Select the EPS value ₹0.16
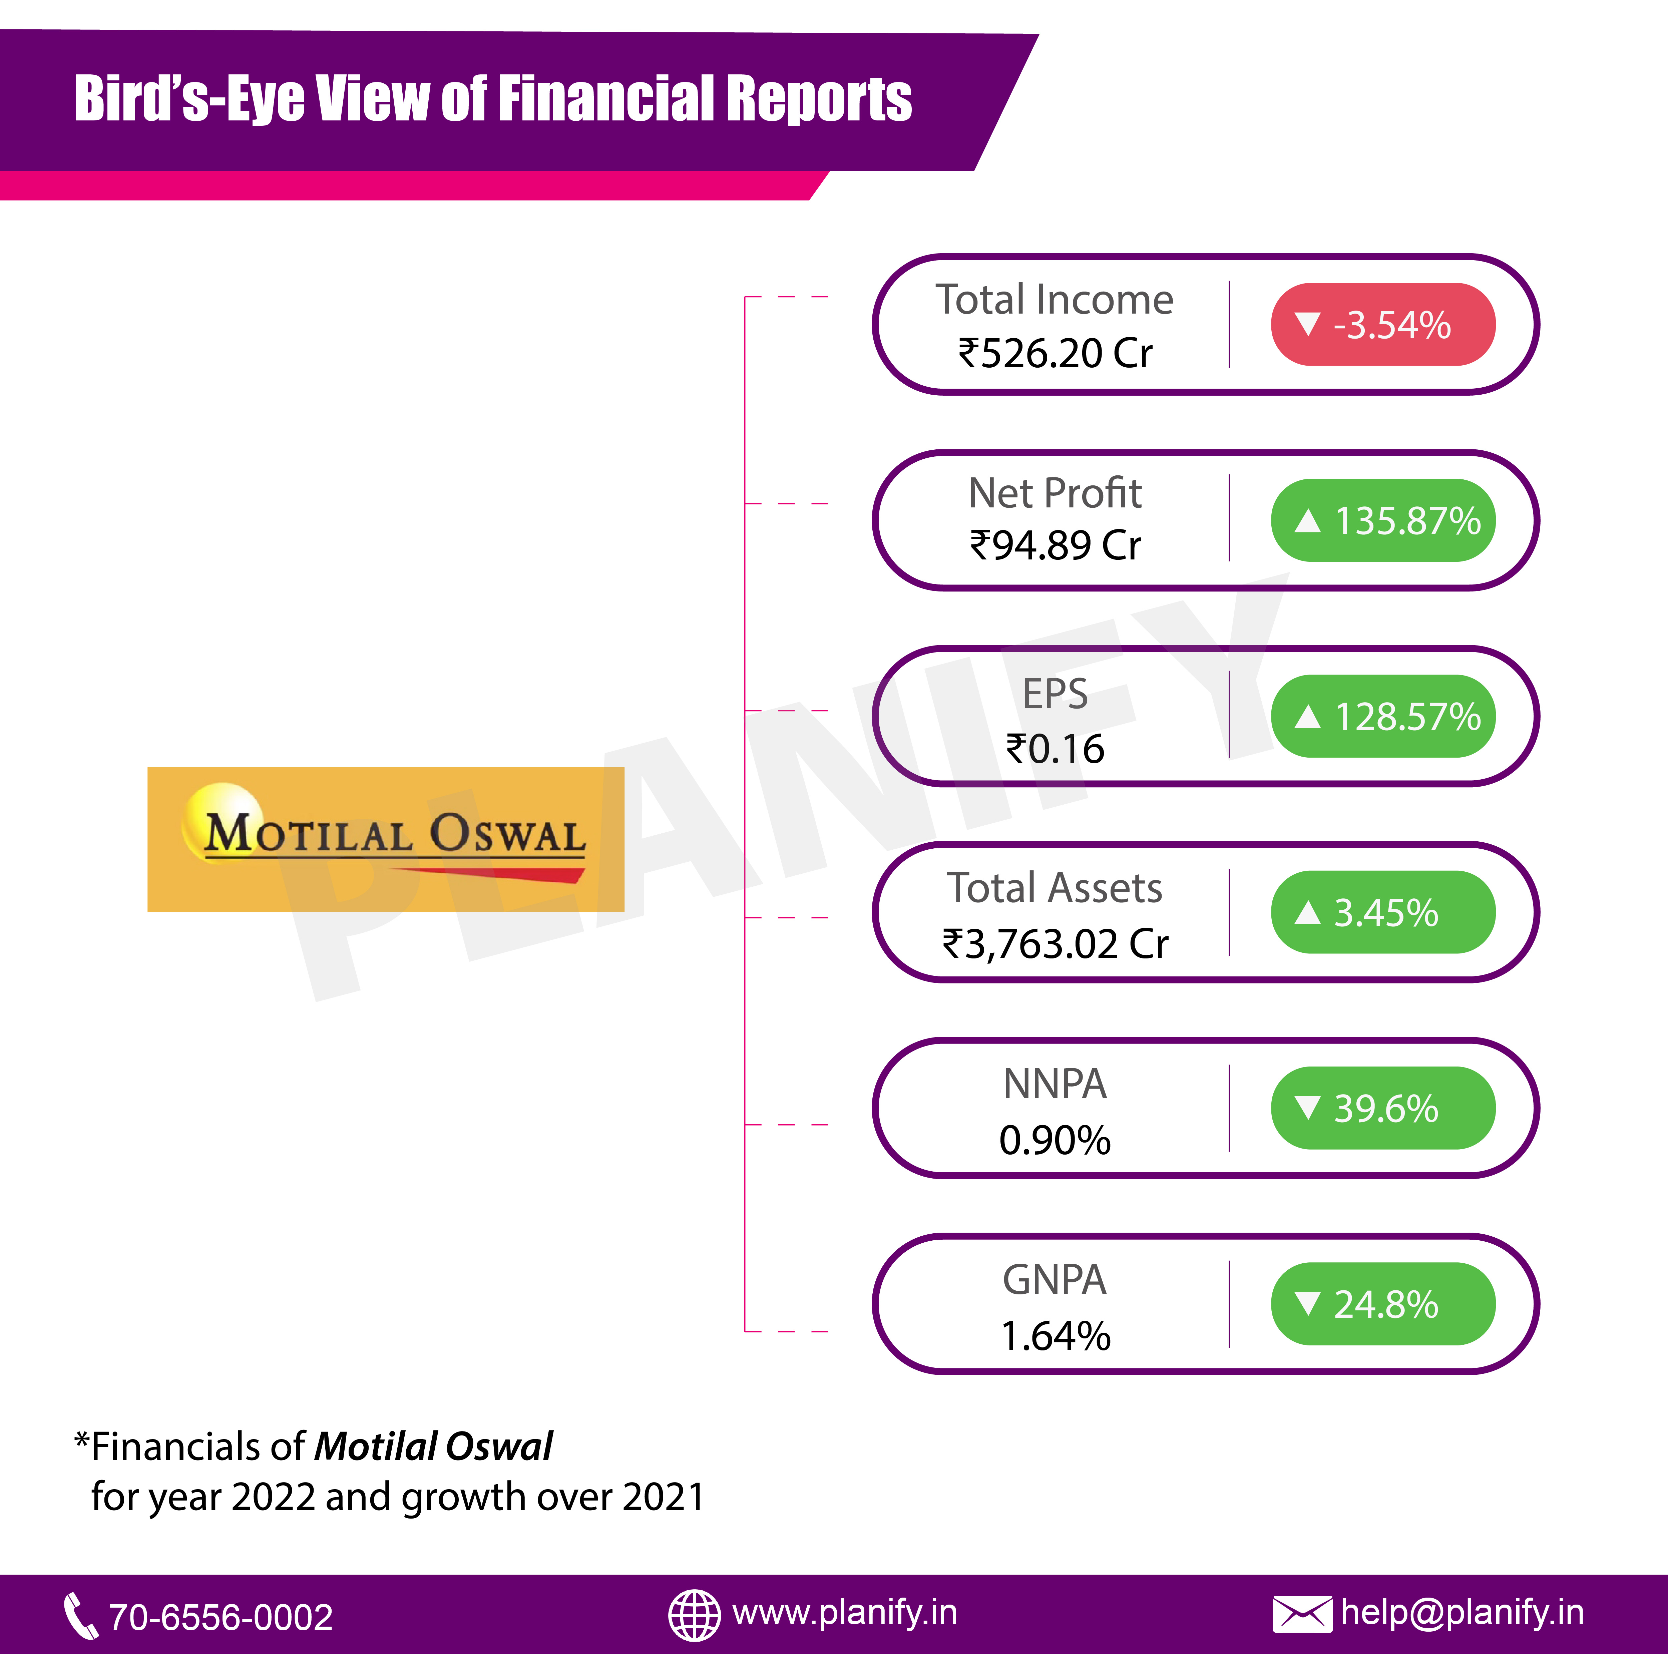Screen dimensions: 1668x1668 (1055, 749)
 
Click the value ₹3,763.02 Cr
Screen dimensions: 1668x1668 (1055, 944)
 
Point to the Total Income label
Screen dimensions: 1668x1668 (1055, 300)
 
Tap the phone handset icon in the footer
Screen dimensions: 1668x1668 (81, 1615)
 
